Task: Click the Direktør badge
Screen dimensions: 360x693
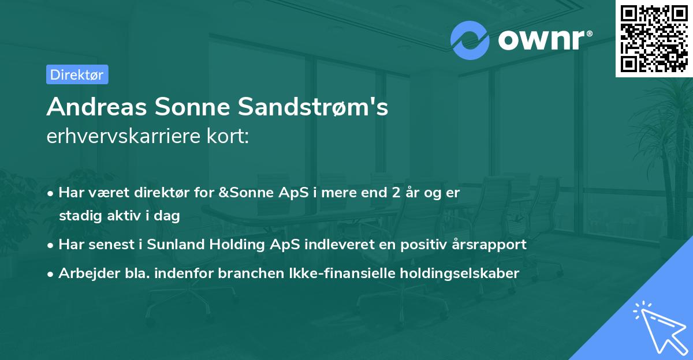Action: coord(77,74)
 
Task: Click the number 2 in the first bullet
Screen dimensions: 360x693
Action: coord(396,193)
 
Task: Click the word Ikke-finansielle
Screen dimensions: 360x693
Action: coord(341,273)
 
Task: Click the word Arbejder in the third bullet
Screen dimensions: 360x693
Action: coord(83,273)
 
